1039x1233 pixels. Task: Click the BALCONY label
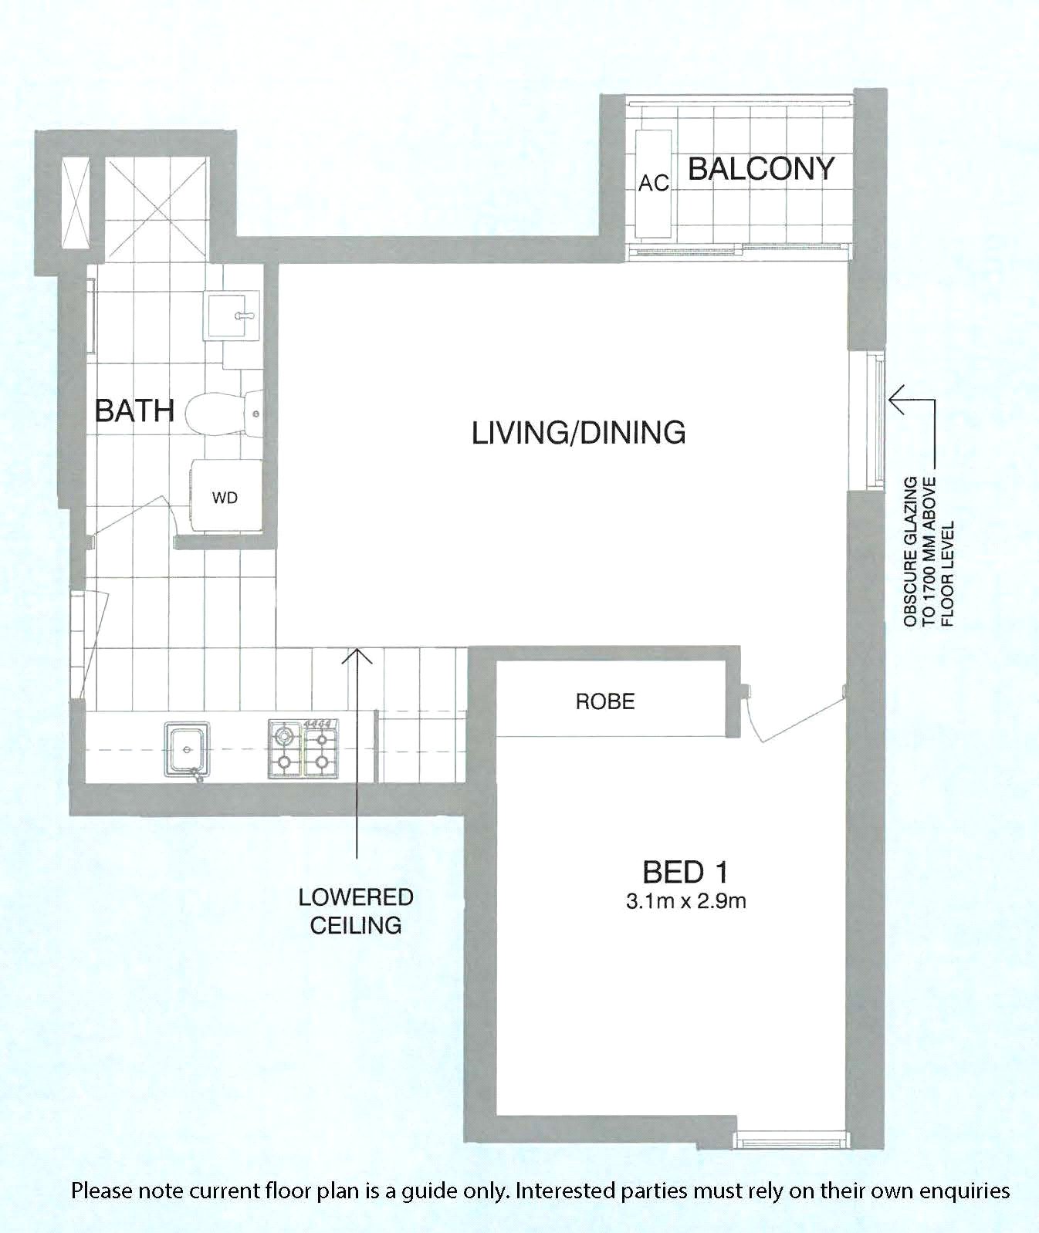click(761, 168)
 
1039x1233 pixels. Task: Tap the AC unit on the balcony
click(653, 184)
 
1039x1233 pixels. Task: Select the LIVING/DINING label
click(579, 432)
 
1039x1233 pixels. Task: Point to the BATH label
click(134, 410)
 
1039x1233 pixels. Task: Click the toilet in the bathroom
click(225, 410)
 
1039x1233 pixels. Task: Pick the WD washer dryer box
click(225, 496)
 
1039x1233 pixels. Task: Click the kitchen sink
click(187, 748)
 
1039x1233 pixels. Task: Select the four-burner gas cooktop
click(303, 748)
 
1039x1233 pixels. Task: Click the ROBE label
click(605, 701)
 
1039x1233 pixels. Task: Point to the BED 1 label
click(685, 872)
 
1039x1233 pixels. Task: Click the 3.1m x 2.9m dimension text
click(686, 900)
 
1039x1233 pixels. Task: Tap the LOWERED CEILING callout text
click(356, 911)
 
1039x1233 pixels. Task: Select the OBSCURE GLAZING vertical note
click(929, 551)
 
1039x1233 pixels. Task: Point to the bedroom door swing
click(795, 714)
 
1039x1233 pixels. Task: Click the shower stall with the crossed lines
click(157, 209)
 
